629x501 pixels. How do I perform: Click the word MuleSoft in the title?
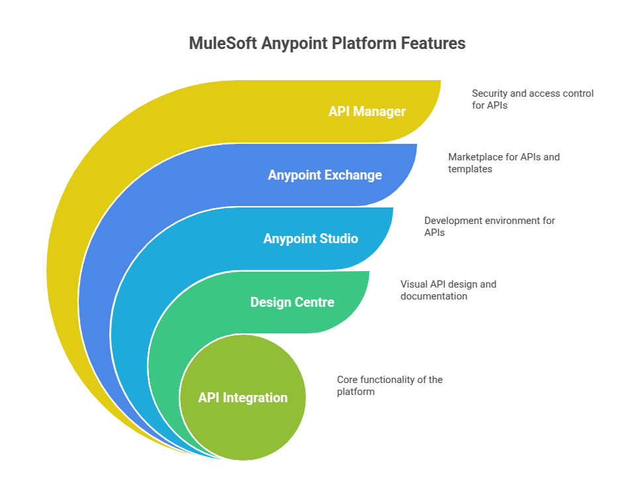(221, 44)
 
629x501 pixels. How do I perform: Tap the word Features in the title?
(432, 44)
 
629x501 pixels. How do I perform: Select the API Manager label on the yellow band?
(367, 111)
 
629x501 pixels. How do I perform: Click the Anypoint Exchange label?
(324, 175)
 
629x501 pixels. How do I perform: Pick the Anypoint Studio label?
(311, 239)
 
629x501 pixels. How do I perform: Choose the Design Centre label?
(292, 302)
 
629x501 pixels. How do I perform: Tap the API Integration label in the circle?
(242, 398)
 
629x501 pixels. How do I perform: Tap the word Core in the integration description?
(348, 380)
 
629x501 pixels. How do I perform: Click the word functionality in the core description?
(390, 380)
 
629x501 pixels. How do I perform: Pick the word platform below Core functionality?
(356, 392)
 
